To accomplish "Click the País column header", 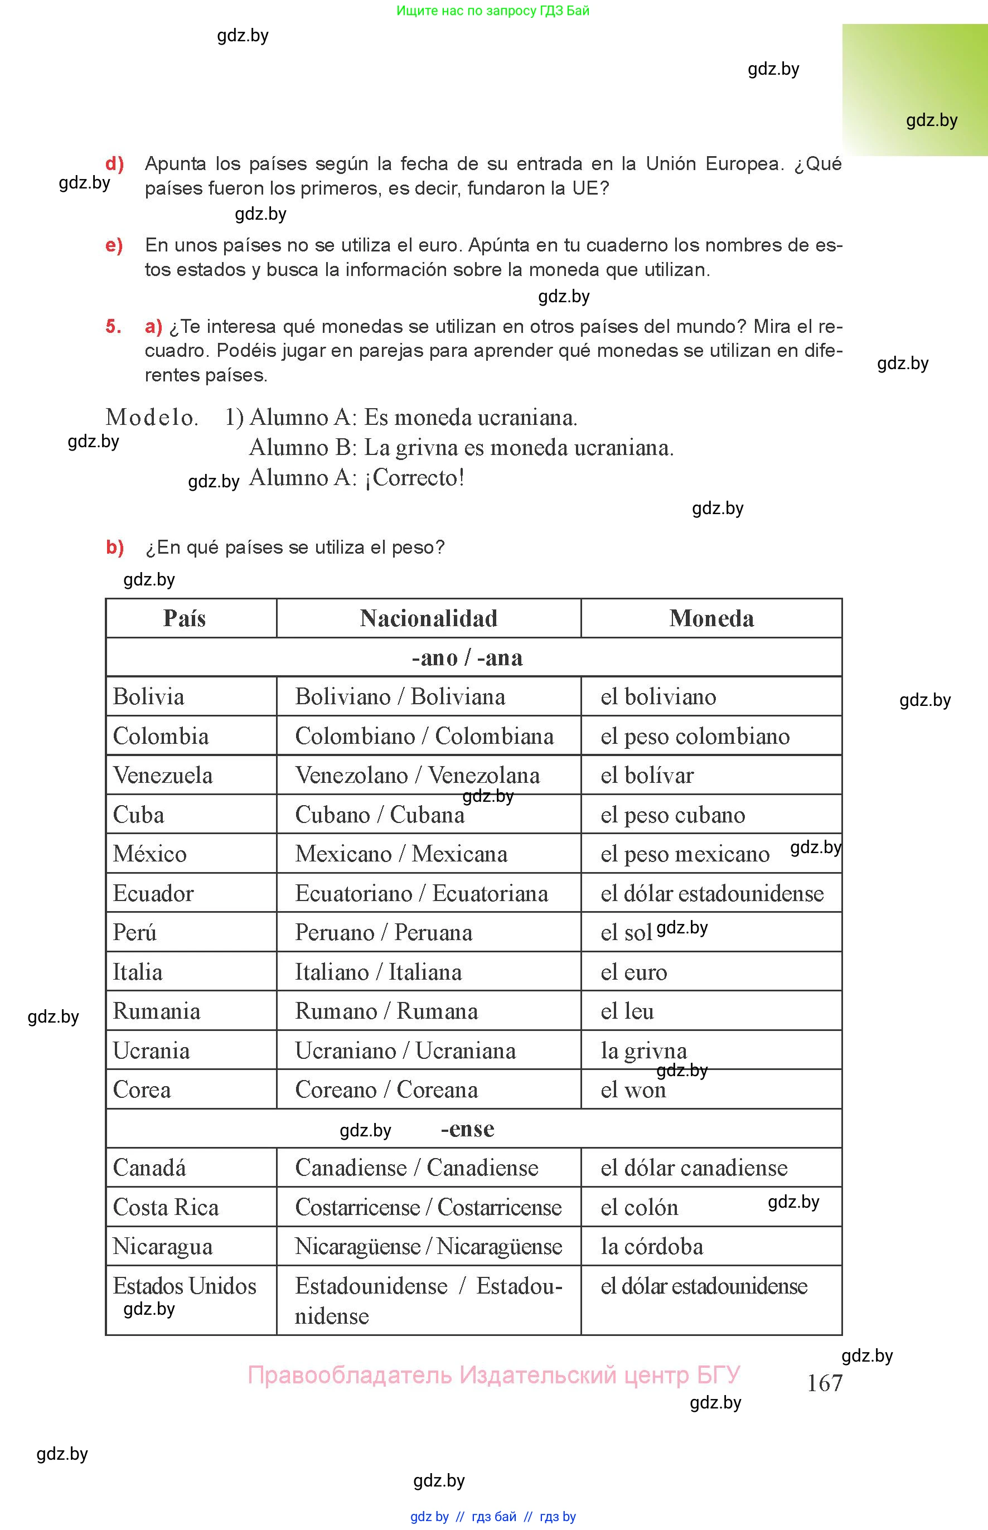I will point(185,618).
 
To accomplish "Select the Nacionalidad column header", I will point(429,618).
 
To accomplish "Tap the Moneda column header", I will point(711,618).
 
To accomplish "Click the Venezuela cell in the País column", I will point(163,776).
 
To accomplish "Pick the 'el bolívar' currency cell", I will point(647,776).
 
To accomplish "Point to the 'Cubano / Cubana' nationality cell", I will point(380,815).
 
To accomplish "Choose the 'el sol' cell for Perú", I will point(626,933).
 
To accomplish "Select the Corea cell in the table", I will point(142,1090).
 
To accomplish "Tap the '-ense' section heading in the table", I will point(468,1129).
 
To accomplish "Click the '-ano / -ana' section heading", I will point(468,657).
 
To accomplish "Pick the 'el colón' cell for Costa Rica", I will point(640,1207).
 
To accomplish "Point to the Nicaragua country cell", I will point(163,1246).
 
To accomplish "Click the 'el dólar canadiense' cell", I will point(694,1168).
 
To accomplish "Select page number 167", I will point(825,1383).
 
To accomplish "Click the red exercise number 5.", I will point(114,327).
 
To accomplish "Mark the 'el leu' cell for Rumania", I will point(627,1011).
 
